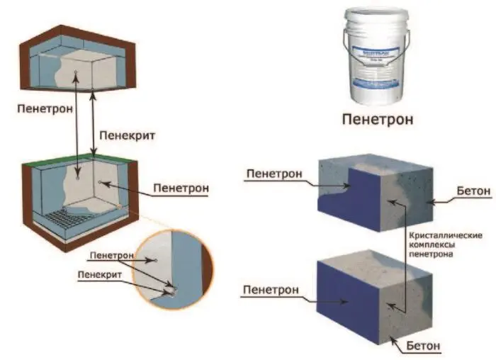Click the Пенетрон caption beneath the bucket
tap(377, 118)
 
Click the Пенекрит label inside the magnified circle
tap(101, 273)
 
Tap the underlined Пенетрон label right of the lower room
tap(181, 189)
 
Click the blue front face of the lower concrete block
tap(347, 301)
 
